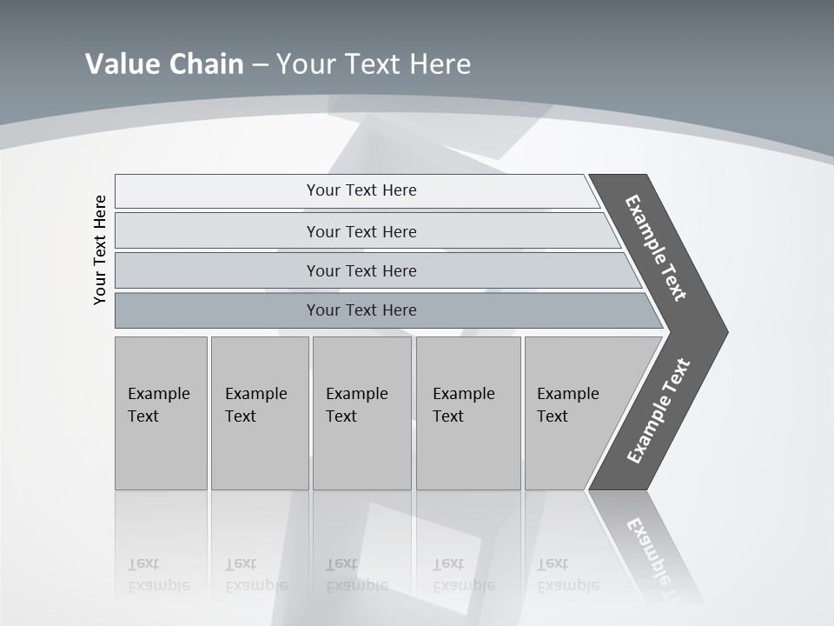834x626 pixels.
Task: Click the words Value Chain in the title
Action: pyautogui.click(x=164, y=64)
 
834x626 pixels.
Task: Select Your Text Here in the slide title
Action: pyautogui.click(x=374, y=64)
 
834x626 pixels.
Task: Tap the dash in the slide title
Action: pyautogui.click(x=260, y=65)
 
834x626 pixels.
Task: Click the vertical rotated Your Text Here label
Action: pyautogui.click(x=100, y=250)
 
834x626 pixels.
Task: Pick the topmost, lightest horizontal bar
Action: pyautogui.click(x=361, y=190)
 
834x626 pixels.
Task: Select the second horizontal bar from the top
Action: pyautogui.click(x=361, y=231)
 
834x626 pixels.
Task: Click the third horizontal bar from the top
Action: pyautogui.click(x=361, y=270)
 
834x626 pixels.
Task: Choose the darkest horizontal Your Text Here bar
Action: pyautogui.click(x=361, y=310)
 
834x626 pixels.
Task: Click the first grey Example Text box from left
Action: pyautogui.click(x=161, y=412)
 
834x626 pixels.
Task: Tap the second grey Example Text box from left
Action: pyautogui.click(x=260, y=412)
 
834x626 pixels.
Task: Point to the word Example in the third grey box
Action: pyautogui.click(x=356, y=394)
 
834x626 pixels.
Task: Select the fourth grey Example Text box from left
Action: pyautogui.click(x=468, y=412)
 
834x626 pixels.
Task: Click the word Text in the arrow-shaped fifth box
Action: pyautogui.click(x=552, y=416)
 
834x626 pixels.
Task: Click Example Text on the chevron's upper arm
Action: pyautogui.click(x=656, y=248)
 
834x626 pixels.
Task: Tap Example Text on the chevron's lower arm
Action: pyautogui.click(x=658, y=411)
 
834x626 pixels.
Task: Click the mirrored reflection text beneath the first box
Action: pyautogui.click(x=158, y=576)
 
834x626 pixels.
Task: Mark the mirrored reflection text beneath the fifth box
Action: pyautogui.click(x=567, y=576)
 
